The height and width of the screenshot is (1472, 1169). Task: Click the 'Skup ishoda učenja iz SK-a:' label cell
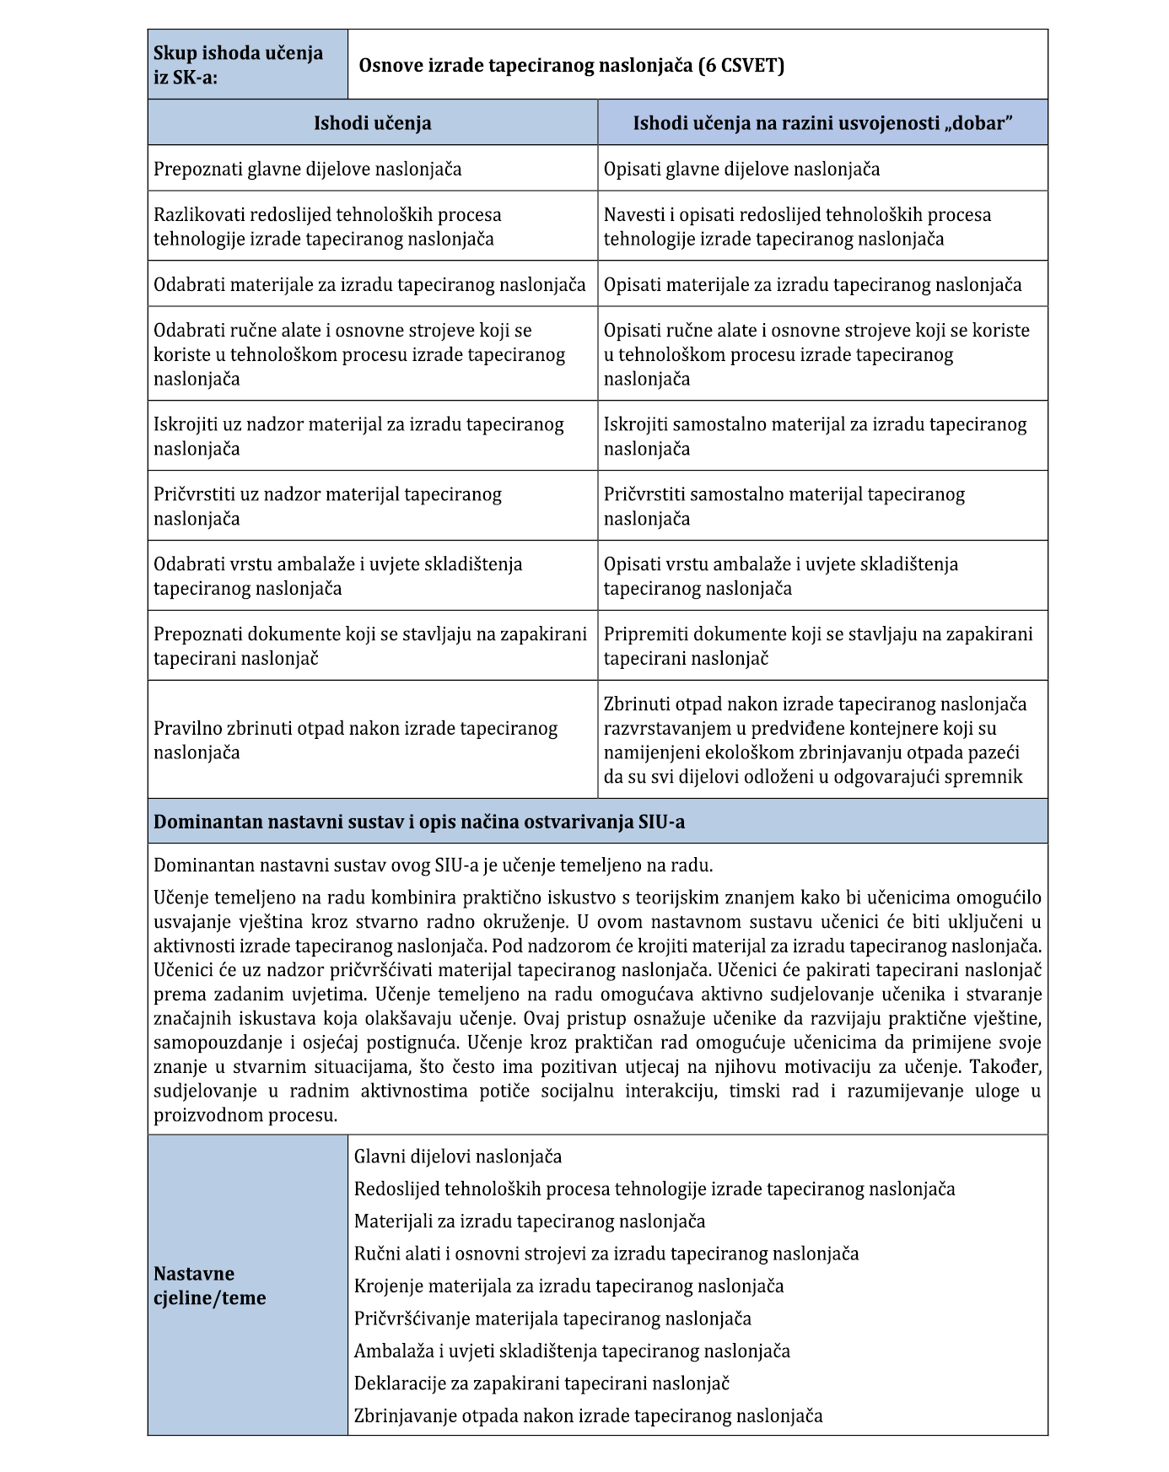click(x=246, y=65)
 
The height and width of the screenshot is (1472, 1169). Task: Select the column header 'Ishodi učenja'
click(x=372, y=123)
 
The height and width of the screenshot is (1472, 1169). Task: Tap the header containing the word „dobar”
click(x=822, y=123)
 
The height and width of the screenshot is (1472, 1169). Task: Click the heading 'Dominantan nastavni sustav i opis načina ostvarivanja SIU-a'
click(x=419, y=822)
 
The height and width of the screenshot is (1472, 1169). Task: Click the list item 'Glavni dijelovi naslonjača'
click(x=458, y=1157)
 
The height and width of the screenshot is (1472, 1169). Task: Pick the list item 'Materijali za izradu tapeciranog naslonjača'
click(x=530, y=1221)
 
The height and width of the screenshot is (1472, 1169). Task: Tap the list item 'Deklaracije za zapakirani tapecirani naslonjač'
click(x=541, y=1383)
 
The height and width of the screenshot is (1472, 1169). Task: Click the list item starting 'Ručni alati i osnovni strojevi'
click(x=606, y=1254)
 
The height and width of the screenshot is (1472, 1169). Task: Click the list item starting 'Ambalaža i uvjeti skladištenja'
click(x=572, y=1351)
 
